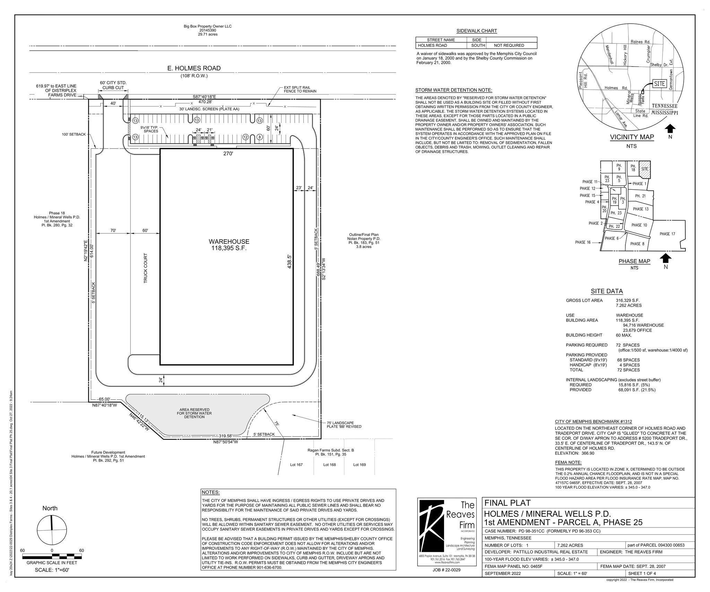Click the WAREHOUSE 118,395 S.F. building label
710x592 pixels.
click(x=229, y=245)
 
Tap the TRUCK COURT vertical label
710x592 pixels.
click(x=146, y=268)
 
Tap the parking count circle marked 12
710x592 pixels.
click(x=245, y=137)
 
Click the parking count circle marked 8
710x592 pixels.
click(x=260, y=137)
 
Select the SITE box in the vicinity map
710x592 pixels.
click(x=660, y=84)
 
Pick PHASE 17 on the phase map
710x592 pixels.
click(x=667, y=234)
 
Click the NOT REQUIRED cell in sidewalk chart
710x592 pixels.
click(x=509, y=45)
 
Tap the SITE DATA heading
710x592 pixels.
click(x=607, y=291)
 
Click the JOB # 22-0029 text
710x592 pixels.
click(x=447, y=570)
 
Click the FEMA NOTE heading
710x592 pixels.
click(x=568, y=462)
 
